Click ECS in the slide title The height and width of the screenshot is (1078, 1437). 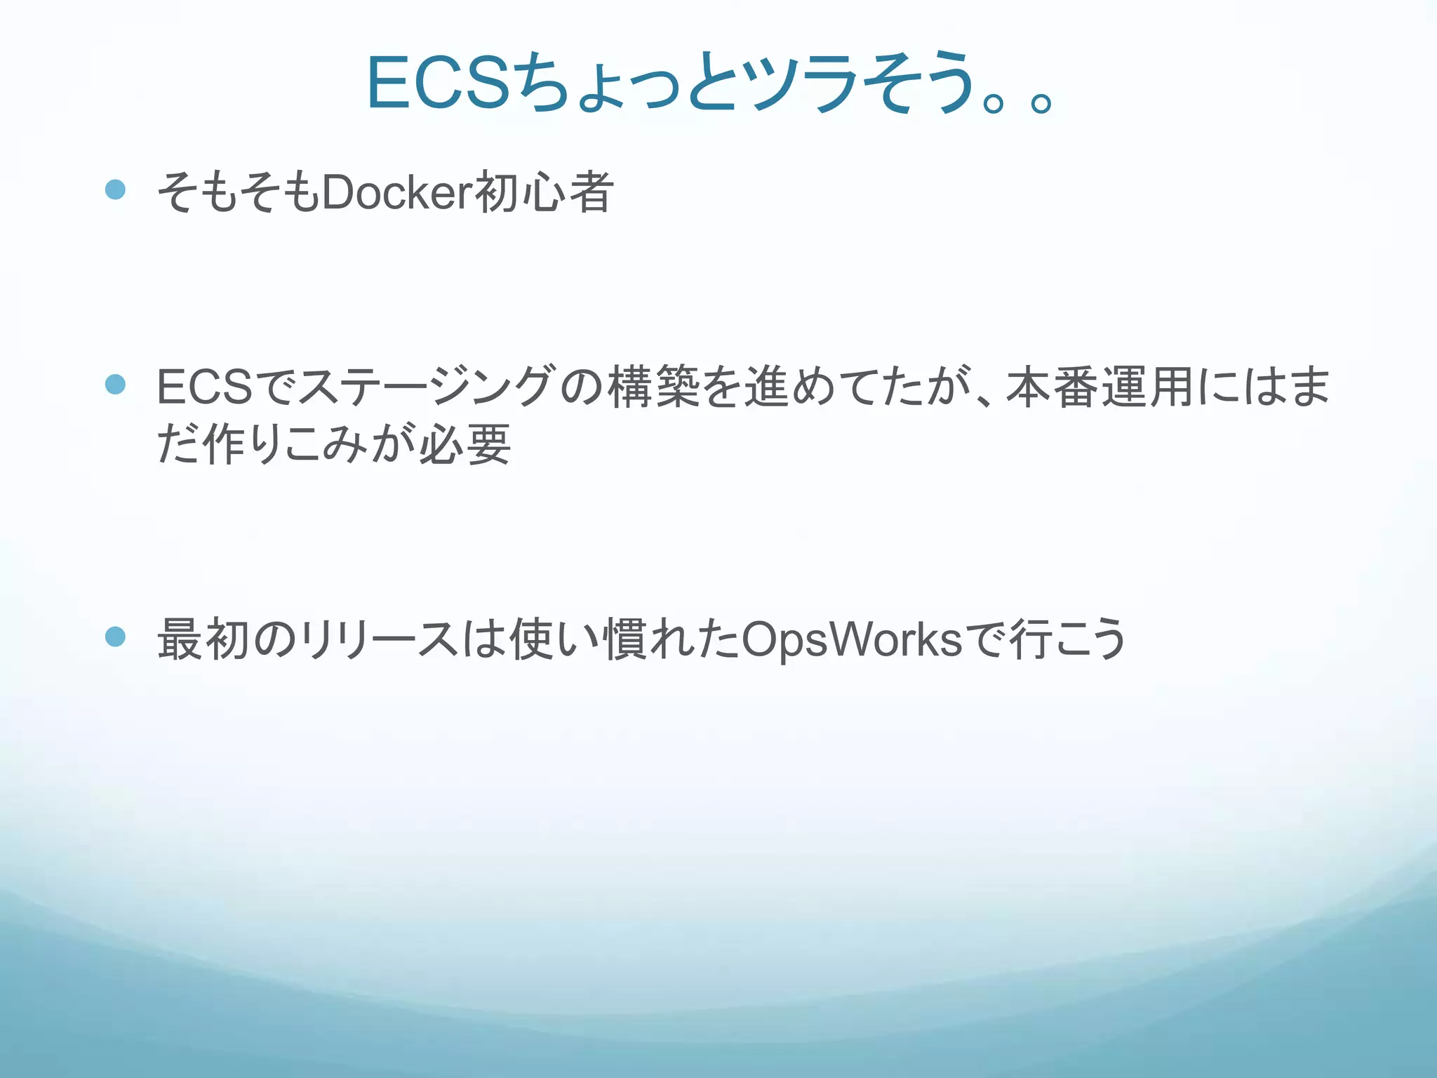click(x=438, y=84)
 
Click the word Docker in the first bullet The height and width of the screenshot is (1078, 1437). click(x=398, y=192)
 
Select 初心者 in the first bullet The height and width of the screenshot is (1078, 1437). click(x=544, y=192)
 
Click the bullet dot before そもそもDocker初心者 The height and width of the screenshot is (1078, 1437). click(x=115, y=189)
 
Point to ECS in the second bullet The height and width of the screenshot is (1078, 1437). click(x=204, y=387)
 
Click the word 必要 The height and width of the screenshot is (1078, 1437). click(x=464, y=444)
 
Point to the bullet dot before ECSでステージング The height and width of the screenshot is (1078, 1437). click(x=115, y=384)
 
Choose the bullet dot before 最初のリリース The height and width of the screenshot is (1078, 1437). click(x=115, y=637)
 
